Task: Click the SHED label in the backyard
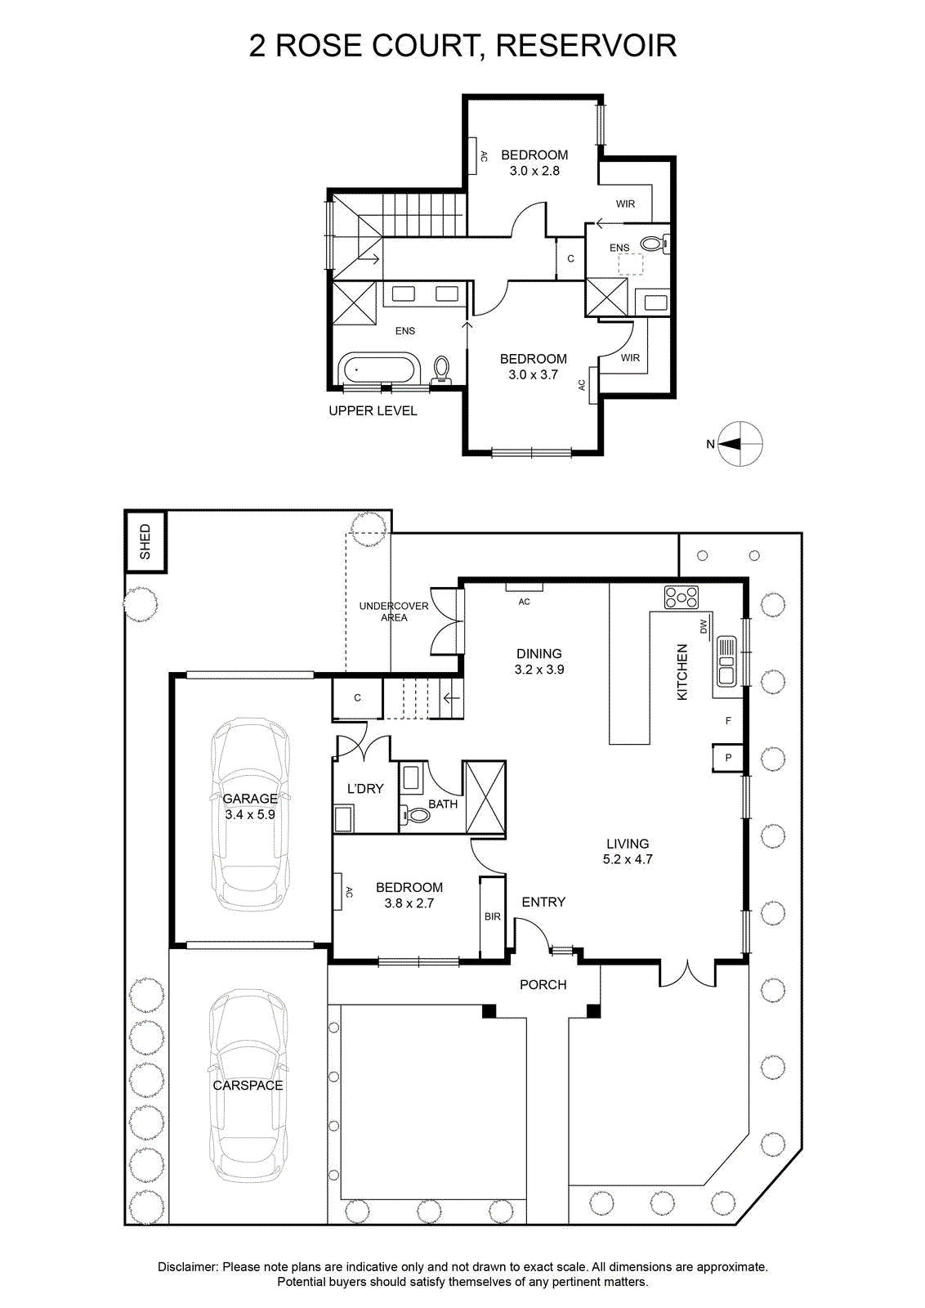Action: (145, 541)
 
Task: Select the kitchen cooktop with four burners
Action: (681, 598)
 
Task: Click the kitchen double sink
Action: (726, 661)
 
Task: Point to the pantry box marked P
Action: (728, 758)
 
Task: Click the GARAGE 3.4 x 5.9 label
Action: (250, 806)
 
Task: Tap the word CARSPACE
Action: (248, 1085)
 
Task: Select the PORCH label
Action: (543, 984)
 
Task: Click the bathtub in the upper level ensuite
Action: (378, 369)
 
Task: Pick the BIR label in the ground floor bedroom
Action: (493, 916)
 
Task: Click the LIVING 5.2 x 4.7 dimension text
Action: (628, 851)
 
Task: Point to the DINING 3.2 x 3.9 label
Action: (538, 661)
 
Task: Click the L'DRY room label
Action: (365, 788)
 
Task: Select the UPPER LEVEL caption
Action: (373, 410)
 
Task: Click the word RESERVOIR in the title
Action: (586, 46)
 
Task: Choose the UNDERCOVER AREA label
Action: (394, 611)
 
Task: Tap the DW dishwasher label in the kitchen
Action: (704, 626)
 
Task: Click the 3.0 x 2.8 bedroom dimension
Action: (534, 171)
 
